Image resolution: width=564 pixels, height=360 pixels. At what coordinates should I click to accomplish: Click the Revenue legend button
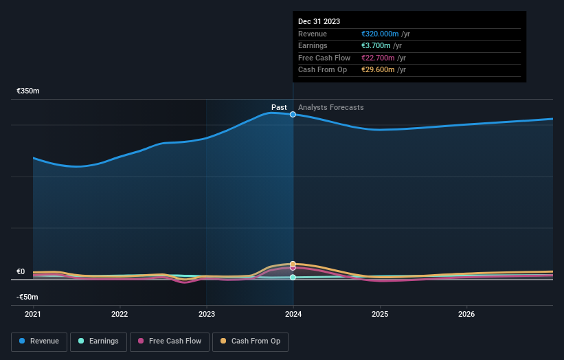[39, 341]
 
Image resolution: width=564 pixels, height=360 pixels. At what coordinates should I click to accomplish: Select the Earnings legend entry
[98, 341]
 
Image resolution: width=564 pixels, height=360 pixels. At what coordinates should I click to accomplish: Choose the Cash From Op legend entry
[251, 341]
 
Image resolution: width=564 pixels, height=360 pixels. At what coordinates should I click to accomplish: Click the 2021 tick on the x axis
[33, 315]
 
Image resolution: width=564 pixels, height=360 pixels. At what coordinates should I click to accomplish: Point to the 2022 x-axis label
[120, 315]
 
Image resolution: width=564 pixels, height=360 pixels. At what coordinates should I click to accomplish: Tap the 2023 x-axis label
[206, 315]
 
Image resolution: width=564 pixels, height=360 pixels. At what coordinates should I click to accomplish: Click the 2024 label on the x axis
[293, 315]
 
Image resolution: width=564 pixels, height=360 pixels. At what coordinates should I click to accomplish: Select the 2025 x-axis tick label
[380, 315]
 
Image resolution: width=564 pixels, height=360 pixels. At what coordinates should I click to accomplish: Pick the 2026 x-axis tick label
[466, 315]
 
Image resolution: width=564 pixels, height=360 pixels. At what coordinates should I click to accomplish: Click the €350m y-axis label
[28, 91]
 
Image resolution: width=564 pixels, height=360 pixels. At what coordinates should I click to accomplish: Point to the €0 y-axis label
[21, 271]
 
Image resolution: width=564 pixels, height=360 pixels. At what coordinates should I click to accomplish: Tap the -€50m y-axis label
[27, 297]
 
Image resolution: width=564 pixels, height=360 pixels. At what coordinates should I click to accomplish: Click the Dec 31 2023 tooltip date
[319, 22]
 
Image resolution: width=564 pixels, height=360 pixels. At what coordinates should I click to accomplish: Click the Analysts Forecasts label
[331, 107]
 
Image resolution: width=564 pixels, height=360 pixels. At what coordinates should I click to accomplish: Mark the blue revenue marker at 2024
[293, 114]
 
